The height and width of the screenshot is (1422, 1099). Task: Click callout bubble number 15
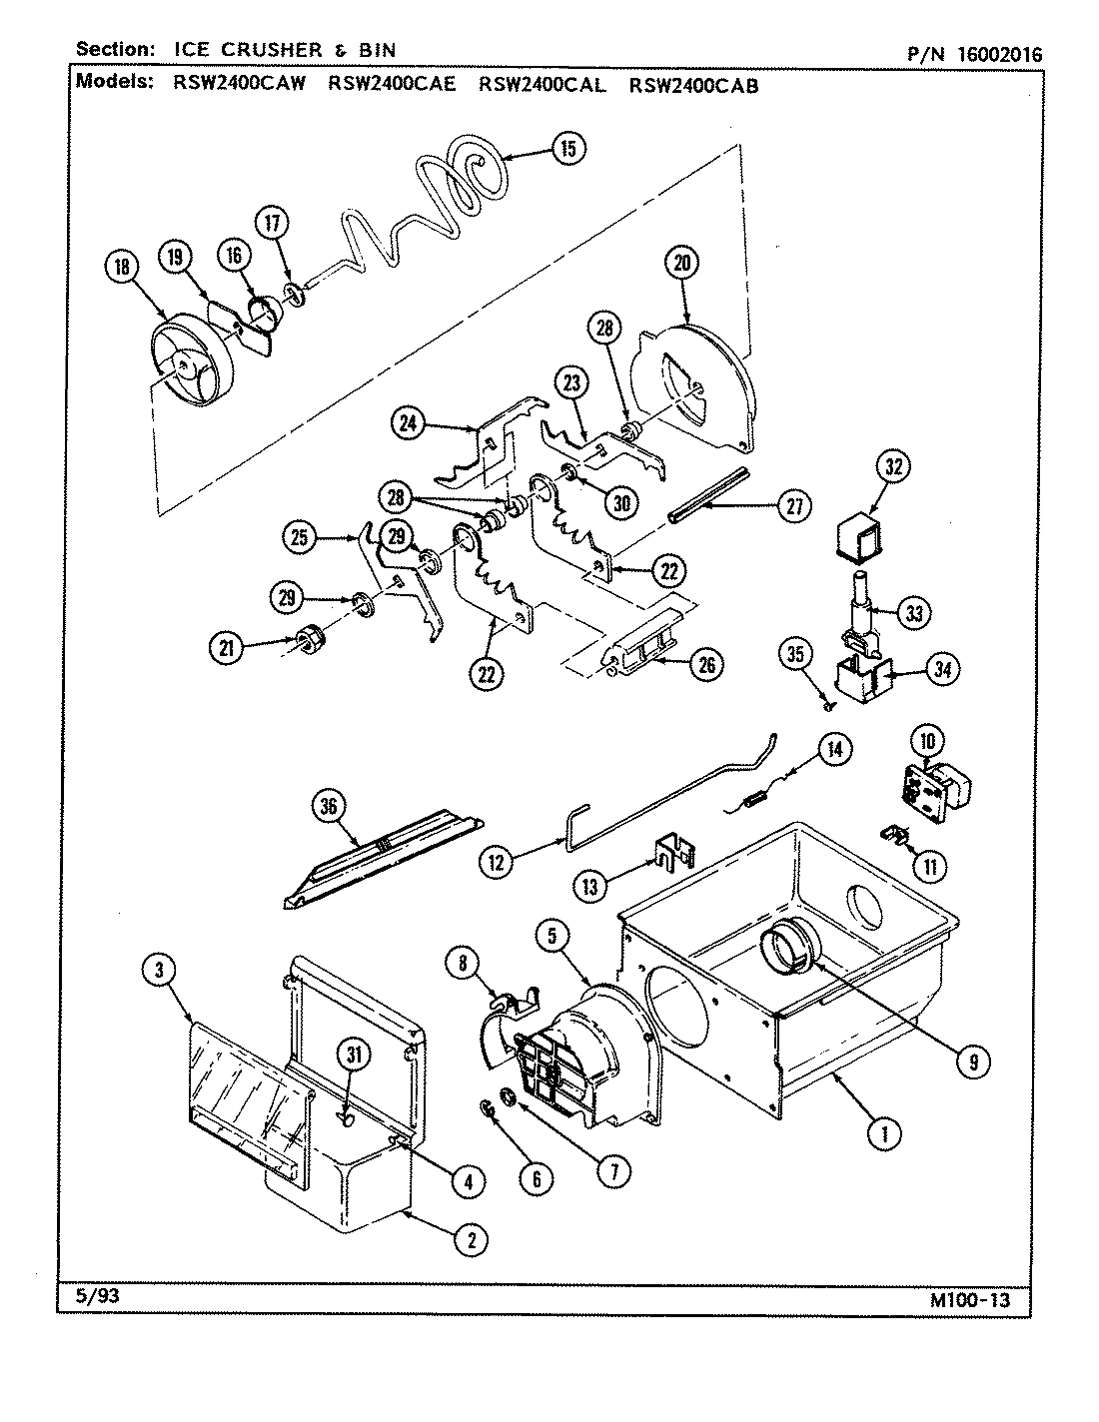pyautogui.click(x=567, y=150)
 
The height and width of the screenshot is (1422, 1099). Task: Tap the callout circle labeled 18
pyautogui.click(x=123, y=267)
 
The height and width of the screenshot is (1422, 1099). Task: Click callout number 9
pyautogui.click(x=971, y=1063)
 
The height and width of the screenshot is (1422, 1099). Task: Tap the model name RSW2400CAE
pyautogui.click(x=391, y=85)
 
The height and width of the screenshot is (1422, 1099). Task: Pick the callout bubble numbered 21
pyautogui.click(x=227, y=647)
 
